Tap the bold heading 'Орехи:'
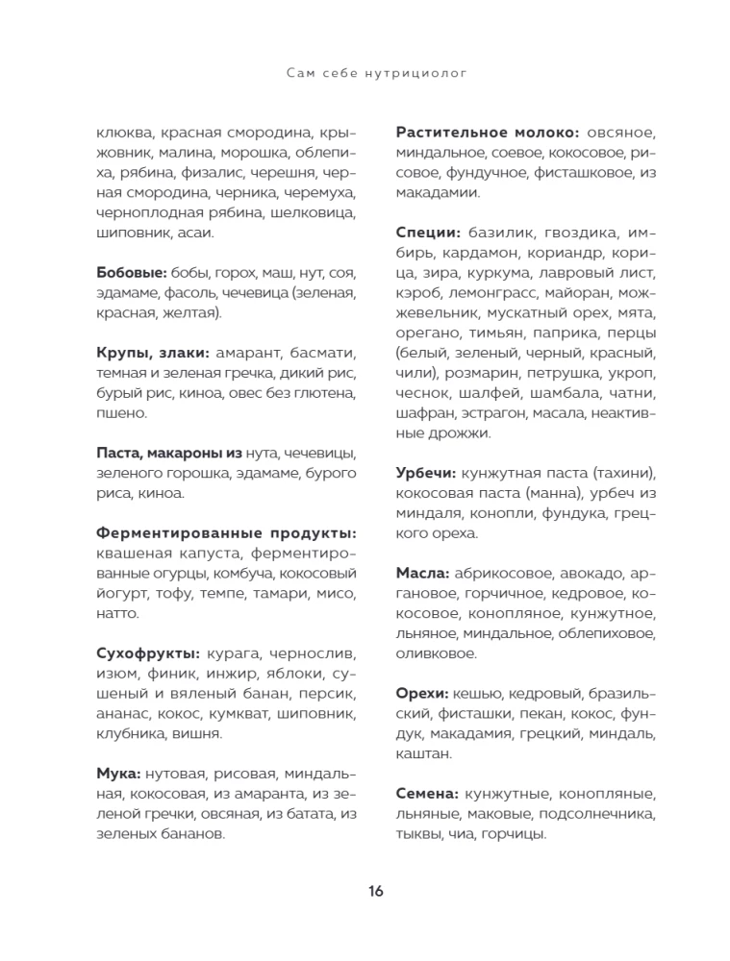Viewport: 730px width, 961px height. pos(422,693)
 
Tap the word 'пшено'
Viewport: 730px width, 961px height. pos(122,413)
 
